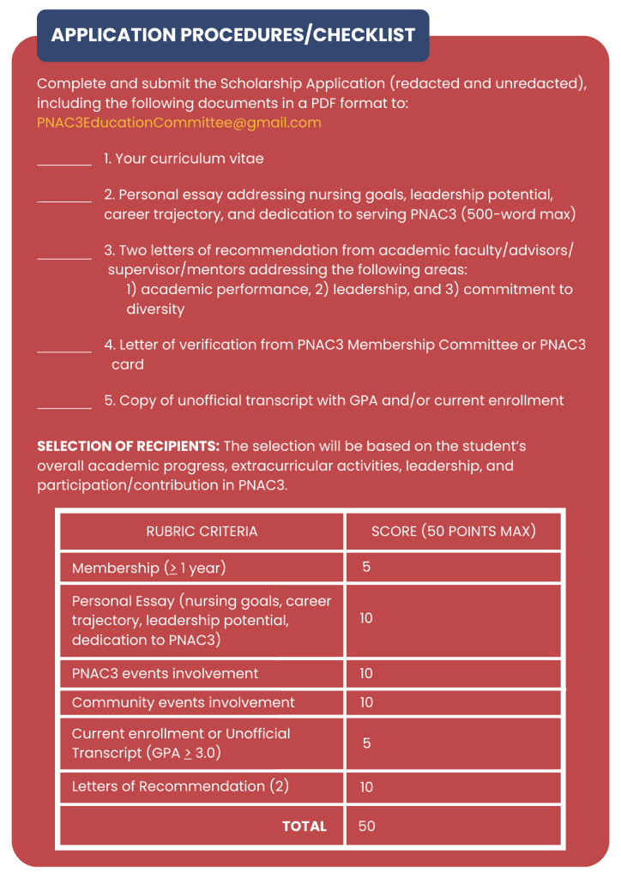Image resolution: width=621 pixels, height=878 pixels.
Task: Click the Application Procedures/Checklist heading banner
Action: pos(232,35)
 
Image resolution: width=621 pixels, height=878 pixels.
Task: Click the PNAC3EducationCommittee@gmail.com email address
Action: pos(179,123)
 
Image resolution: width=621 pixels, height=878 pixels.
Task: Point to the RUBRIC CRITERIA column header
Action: pos(202,532)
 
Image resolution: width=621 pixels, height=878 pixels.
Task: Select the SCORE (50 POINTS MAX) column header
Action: pos(453,532)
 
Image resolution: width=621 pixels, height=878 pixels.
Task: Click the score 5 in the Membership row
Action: pos(366,568)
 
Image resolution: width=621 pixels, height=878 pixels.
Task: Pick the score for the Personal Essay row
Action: pos(366,618)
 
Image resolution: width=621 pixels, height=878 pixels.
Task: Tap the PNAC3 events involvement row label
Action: pos(165,673)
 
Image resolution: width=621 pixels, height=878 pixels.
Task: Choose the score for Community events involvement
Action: pos(366,702)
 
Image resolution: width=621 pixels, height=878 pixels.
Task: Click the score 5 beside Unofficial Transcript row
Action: pos(366,743)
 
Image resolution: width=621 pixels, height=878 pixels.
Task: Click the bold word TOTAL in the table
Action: pos(304,827)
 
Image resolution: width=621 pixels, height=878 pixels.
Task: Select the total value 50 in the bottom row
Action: pos(367,827)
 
